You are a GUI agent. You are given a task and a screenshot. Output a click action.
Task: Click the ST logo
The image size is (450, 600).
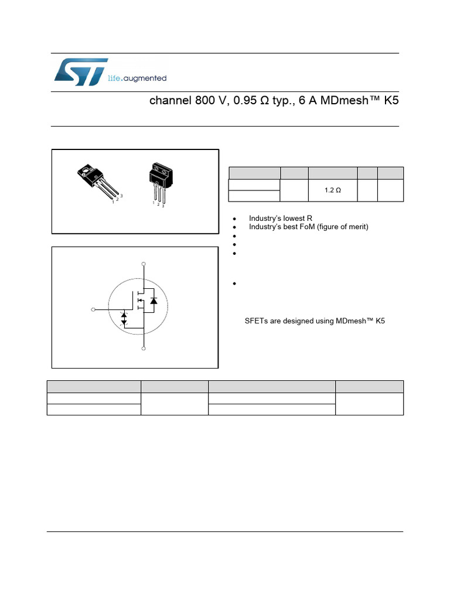point(80,72)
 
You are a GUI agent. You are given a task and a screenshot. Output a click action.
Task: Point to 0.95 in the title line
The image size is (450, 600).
point(245,100)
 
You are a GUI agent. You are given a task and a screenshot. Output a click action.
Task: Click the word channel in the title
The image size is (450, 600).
point(171,100)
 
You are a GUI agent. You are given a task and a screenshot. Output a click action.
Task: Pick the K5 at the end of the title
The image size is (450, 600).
point(391,100)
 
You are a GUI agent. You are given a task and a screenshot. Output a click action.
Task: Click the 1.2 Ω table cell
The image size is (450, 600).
point(333,190)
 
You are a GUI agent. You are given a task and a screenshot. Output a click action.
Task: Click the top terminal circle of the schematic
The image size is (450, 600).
point(144,264)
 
